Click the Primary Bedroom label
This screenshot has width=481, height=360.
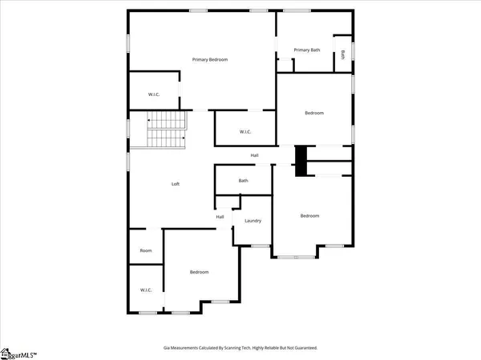click(210, 60)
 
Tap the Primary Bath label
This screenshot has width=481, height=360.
click(306, 50)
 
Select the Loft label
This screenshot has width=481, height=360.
click(176, 184)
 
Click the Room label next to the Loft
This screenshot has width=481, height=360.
click(146, 250)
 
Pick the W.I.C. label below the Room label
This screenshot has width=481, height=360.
click(146, 290)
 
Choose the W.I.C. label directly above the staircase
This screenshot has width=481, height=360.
click(154, 94)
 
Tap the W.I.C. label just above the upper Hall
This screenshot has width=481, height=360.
click(246, 132)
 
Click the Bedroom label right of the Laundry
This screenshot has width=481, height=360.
click(309, 215)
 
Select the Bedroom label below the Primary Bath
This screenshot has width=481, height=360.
click(314, 113)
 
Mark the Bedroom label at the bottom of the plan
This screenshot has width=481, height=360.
click(199, 272)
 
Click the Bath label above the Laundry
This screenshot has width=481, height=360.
click(243, 181)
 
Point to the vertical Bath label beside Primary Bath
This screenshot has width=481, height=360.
click(343, 54)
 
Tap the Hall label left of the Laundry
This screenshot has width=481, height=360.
click(220, 217)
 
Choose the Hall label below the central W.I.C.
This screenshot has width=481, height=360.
click(254, 155)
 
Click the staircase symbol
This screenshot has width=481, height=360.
click(166, 130)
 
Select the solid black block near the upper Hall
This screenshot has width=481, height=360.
click(301, 159)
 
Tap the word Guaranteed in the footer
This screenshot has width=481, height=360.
click(301, 349)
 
